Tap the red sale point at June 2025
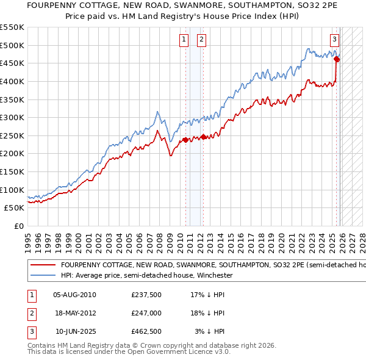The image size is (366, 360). pyautogui.click(x=337, y=59)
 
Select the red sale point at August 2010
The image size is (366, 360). pyautogui.click(x=185, y=140)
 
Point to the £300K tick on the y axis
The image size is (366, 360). pyautogui.click(x=12, y=117)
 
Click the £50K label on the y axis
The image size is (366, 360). pyautogui.click(x=15, y=208)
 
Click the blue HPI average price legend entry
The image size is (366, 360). pyautogui.click(x=147, y=276)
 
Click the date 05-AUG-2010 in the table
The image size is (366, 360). pyautogui.click(x=74, y=295)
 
